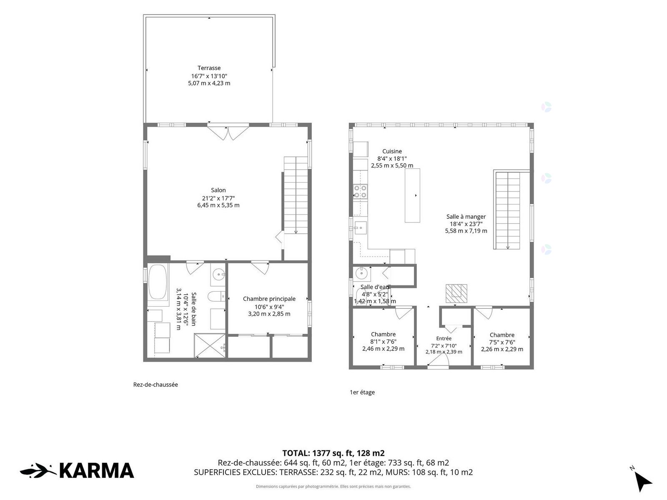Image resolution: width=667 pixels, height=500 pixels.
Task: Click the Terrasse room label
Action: point(209,68)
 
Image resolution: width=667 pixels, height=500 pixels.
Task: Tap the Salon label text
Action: point(218,190)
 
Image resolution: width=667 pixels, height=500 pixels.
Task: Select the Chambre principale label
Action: point(269,299)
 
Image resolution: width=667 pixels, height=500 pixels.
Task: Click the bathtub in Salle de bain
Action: point(158,282)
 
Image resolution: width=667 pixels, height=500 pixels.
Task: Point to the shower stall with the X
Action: point(209,345)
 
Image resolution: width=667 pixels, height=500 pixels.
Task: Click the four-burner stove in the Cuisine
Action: point(360,192)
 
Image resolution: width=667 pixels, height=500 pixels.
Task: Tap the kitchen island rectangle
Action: point(412,195)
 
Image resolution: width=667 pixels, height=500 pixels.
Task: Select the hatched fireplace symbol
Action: point(456,293)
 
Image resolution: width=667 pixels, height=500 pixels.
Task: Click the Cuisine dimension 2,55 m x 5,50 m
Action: point(392,166)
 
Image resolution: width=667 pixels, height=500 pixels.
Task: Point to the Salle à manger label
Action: point(466,217)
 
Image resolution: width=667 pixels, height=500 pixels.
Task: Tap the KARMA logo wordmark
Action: point(96,471)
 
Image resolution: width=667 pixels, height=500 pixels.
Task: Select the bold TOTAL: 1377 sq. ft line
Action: point(333,453)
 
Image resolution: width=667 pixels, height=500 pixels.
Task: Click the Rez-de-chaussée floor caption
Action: point(155,385)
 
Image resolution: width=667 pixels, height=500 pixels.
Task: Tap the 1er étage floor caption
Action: point(362,392)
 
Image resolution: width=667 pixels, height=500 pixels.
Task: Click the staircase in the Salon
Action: point(296,195)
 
